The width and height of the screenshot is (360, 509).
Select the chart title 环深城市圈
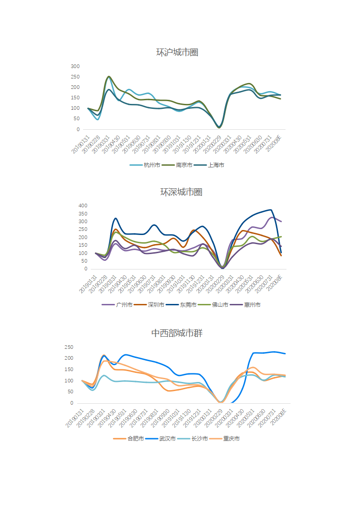point(181,192)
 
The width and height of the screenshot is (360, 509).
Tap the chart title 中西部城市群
point(177,333)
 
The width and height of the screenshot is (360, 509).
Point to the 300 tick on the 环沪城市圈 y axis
point(75,66)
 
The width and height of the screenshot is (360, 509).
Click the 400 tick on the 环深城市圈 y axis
point(82,206)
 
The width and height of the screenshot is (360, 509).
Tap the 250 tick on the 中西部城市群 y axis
point(69,347)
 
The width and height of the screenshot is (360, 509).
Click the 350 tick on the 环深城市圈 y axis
point(82,214)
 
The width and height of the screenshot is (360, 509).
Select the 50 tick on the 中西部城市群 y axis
point(70,392)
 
